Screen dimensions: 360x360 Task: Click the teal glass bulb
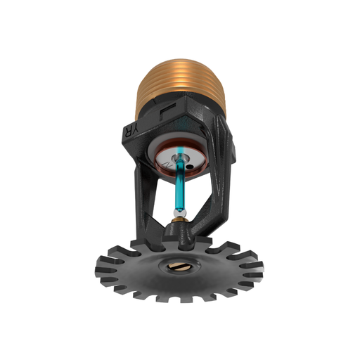181,185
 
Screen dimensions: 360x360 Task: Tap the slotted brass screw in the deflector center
177,268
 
